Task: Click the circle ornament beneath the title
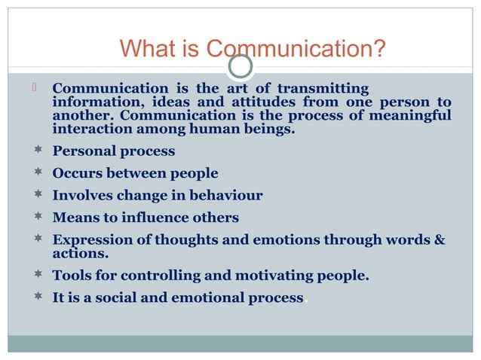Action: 240,67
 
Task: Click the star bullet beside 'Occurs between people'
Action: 37,173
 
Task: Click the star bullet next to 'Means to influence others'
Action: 37,218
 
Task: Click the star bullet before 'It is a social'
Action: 37,297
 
